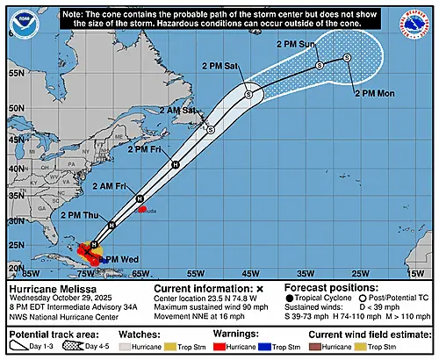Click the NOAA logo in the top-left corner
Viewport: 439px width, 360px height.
click(18, 18)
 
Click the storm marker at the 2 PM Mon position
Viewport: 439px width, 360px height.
click(347, 58)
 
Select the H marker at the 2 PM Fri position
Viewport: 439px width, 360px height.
click(176, 164)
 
